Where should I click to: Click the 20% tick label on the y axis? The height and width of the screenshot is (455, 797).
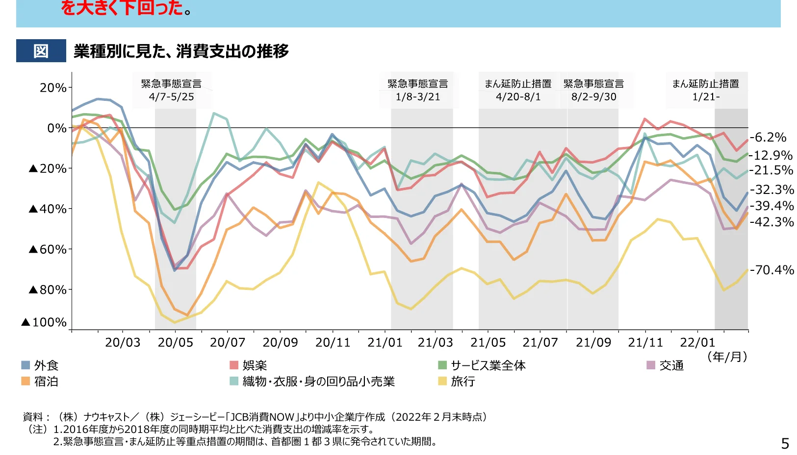(52, 88)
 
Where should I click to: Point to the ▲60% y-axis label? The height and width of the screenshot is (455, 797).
(48, 249)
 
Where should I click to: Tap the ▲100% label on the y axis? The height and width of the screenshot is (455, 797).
(44, 322)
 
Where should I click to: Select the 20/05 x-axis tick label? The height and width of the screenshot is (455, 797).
(175, 342)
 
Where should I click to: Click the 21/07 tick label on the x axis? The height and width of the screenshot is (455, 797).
(540, 342)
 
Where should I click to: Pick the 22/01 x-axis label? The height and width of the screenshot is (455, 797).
(697, 342)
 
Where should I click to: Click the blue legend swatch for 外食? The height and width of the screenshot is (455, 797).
(26, 365)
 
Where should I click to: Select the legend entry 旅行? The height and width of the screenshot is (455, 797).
(463, 382)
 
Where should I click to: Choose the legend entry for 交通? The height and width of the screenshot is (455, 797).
(671, 365)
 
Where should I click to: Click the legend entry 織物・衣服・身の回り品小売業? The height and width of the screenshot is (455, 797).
(318, 382)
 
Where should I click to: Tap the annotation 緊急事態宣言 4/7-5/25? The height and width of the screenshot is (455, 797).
(171, 90)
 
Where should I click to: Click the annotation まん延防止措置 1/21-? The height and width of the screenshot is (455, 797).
(705, 90)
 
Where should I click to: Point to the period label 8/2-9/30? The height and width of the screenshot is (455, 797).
(593, 97)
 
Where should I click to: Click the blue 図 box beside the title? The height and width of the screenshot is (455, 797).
(41, 51)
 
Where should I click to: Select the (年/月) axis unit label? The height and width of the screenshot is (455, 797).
(727, 357)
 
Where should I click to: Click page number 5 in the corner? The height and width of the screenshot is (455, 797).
(785, 443)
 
